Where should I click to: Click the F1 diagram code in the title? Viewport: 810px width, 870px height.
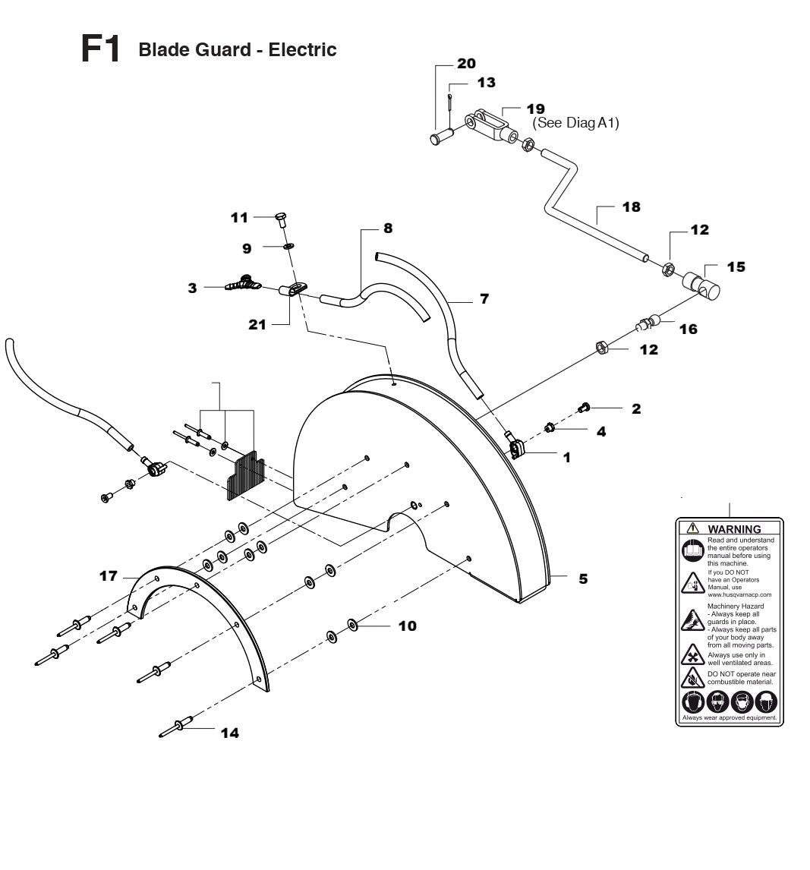[100, 49]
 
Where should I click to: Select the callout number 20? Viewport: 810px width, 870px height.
[466, 63]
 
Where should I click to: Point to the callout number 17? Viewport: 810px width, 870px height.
[109, 576]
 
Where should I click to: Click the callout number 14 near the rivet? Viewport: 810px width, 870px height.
[229, 733]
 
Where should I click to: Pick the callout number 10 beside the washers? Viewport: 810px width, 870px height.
[408, 626]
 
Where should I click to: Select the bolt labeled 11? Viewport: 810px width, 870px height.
[279, 220]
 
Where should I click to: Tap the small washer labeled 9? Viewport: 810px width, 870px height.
[289, 246]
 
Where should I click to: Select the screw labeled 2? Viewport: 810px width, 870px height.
[584, 408]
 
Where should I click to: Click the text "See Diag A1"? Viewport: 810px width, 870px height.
[576, 123]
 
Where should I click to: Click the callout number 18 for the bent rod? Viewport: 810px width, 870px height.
[631, 206]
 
